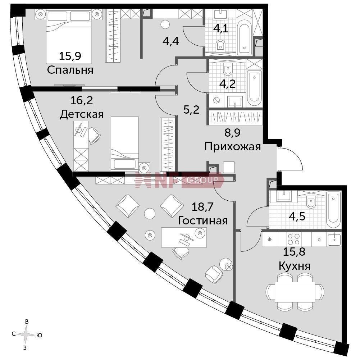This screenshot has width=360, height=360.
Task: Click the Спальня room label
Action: [x=70, y=70]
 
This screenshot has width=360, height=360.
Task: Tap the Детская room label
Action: [x=82, y=114]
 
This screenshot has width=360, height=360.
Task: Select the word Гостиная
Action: [x=203, y=220]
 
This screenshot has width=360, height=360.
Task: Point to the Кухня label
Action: [x=295, y=266]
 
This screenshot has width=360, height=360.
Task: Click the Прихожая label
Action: [x=233, y=147]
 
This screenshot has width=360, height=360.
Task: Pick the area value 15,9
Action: [x=70, y=56]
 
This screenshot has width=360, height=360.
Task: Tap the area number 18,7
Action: [x=203, y=207]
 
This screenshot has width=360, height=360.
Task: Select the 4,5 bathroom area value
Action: [x=297, y=216]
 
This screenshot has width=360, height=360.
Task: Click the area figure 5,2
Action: [x=191, y=110]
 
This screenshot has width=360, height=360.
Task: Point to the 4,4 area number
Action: [x=170, y=42]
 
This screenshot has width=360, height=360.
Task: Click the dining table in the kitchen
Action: [x=295, y=292]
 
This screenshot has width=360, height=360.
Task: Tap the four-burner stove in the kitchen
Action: [x=294, y=239]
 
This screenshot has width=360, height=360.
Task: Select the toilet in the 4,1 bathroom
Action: [x=220, y=45]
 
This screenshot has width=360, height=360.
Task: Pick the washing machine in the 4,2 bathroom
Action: [x=216, y=100]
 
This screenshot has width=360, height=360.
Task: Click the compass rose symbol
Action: [x=26, y=334]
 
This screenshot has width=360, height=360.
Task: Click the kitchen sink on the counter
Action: [x=334, y=239]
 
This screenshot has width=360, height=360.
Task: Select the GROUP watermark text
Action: [x=203, y=180]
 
